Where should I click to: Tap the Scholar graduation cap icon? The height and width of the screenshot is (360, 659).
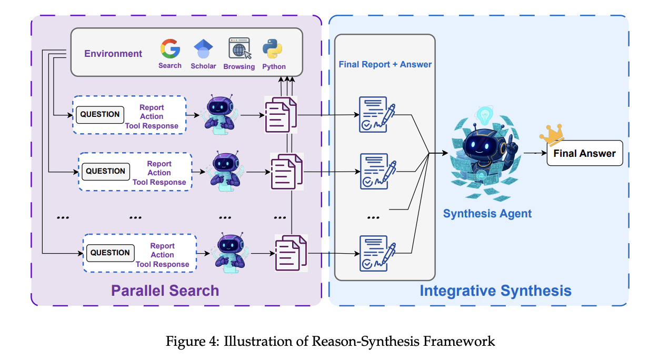click(x=203, y=49)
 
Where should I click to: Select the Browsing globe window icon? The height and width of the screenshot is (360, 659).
click(x=239, y=48)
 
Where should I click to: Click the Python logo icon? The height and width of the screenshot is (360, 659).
click(x=273, y=48)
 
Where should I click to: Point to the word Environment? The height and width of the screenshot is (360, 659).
click(x=113, y=54)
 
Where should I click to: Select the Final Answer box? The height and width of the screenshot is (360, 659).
click(x=584, y=154)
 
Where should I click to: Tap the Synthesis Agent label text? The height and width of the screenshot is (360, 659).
click(x=487, y=214)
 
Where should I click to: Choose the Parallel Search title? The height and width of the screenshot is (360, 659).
click(x=165, y=291)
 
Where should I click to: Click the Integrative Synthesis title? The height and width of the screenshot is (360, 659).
click(x=495, y=291)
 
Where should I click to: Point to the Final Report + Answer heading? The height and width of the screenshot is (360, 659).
click(x=385, y=64)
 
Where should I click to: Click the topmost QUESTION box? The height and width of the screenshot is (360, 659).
click(x=100, y=114)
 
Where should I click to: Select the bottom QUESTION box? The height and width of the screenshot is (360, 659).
click(x=109, y=253)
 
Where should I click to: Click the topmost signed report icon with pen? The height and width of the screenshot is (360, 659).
click(x=376, y=113)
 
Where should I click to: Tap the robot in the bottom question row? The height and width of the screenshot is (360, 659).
click(x=231, y=253)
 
